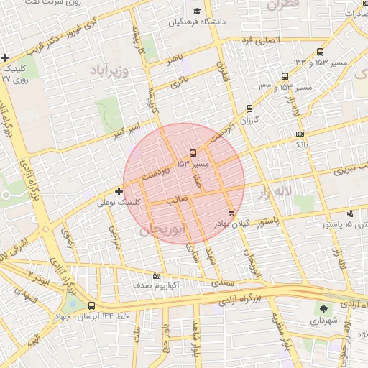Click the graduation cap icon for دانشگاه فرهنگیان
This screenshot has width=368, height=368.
pos(197,11)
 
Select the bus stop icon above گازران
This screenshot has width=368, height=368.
pos(249,109)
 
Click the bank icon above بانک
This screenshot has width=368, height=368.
pos(300,134)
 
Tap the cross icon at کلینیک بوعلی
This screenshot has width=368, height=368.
pos(119,191)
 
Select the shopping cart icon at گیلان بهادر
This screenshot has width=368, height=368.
pos(231,212)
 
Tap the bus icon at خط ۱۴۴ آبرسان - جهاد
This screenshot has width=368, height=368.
pos(91,305)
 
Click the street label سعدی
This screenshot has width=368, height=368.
pos(224,285)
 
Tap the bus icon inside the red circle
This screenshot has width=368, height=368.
pos(192,153)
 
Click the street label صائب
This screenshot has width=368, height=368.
pos(177,200)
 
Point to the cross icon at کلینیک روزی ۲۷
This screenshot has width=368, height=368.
pos(5,57)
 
